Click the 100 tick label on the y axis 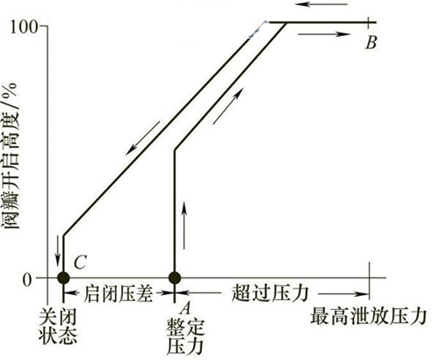(25, 26)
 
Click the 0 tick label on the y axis (26, 280)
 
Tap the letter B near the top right (371, 43)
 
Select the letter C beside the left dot (80, 262)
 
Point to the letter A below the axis (186, 308)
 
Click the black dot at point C (63, 277)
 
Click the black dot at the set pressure (175, 277)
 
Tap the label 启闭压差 (119, 293)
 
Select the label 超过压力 (270, 293)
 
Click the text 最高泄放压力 (368, 316)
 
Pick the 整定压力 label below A (185, 337)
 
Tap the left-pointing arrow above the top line (321, 4)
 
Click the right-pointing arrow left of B (324, 34)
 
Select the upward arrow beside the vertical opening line (184, 225)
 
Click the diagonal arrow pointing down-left (142, 138)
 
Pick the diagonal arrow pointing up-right (228, 106)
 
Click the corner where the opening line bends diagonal (175, 150)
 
